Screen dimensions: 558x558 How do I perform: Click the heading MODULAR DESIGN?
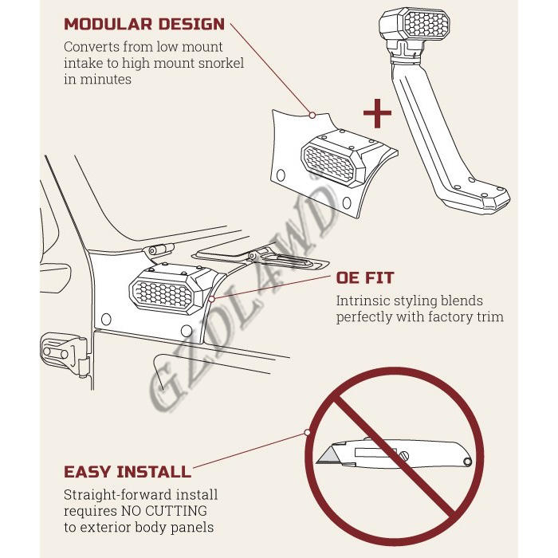tap(144, 24)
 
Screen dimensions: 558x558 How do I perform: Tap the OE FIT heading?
tap(365, 277)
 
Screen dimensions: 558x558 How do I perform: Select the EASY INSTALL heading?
tap(128, 472)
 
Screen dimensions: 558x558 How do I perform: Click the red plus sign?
tap(377, 113)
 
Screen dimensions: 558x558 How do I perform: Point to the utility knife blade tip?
tap(317, 462)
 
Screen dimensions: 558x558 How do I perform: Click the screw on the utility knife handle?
tap(405, 455)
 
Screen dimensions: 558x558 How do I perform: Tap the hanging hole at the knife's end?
tap(467, 462)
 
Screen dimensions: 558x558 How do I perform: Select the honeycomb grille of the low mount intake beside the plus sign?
tap(329, 165)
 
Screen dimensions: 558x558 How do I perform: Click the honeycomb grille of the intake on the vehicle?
tap(162, 294)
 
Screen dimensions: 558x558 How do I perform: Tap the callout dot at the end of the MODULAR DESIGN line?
tap(312, 115)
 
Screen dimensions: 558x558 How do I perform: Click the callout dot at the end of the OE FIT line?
tap(211, 299)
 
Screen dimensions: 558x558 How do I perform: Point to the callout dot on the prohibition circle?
tap(307, 432)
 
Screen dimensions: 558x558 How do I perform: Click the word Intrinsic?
tap(362, 301)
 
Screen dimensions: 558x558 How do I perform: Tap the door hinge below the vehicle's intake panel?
tap(64, 353)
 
